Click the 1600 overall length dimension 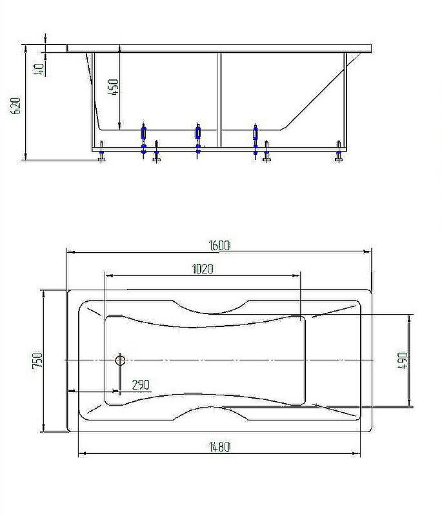(x=219, y=245)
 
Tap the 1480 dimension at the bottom (x=219, y=446)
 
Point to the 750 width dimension (x=37, y=360)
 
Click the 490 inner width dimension (x=402, y=361)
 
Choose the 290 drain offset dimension (x=141, y=385)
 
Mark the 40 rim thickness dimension (x=40, y=69)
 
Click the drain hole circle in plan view (x=119, y=360)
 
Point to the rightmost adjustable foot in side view (x=339, y=153)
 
